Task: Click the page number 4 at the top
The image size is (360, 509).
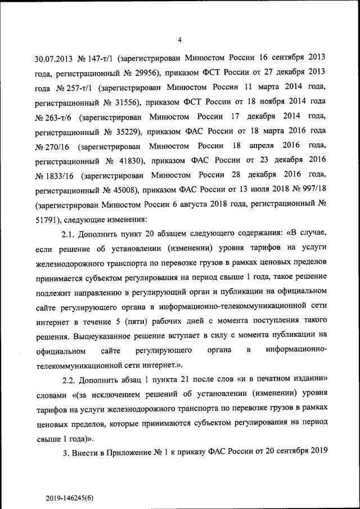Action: (x=179, y=39)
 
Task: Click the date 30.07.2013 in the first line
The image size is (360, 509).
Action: (x=53, y=58)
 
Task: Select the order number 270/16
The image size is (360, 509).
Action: (x=58, y=147)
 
